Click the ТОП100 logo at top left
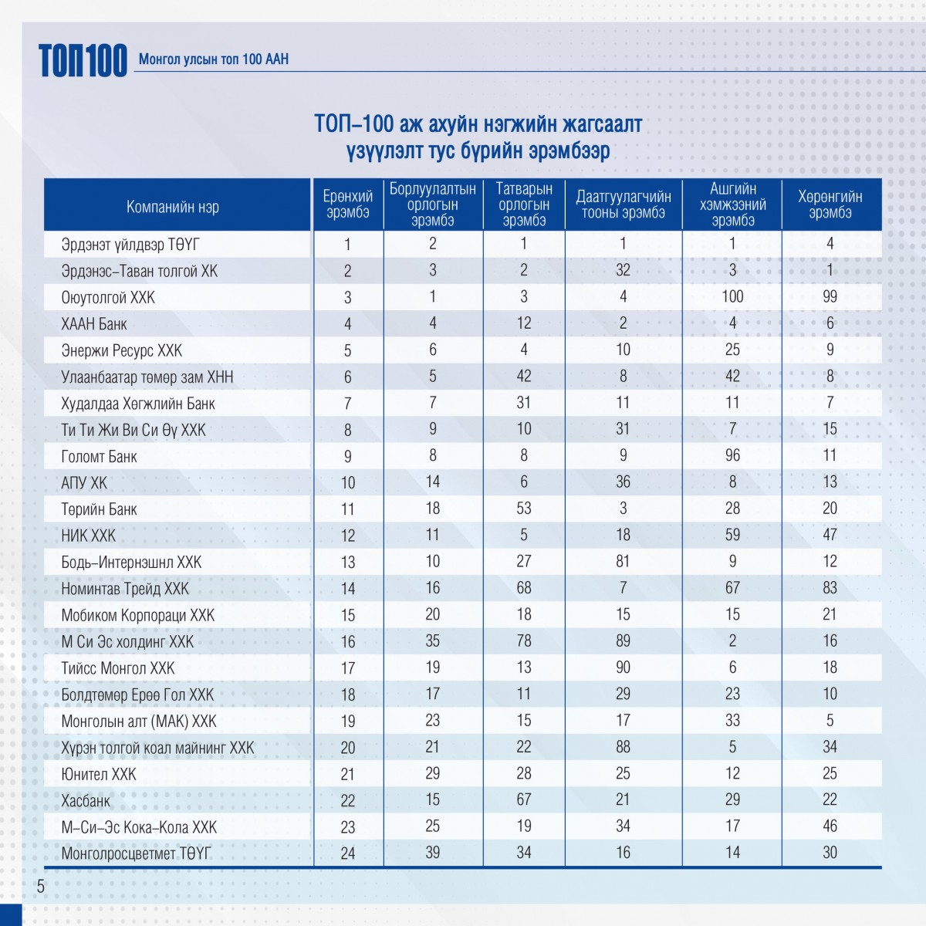pyautogui.click(x=83, y=60)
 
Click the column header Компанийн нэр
pyautogui.click(x=173, y=207)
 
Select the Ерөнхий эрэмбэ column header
pyautogui.click(x=347, y=204)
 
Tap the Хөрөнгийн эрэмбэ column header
pyautogui.click(x=830, y=204)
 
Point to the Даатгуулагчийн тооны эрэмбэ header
pyautogui.click(x=624, y=204)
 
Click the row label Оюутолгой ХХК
pyautogui.click(x=108, y=298)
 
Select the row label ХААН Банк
pyautogui.click(x=94, y=324)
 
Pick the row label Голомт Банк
pyautogui.click(x=99, y=457)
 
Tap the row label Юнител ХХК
pyautogui.click(x=99, y=774)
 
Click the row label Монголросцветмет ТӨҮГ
pyautogui.click(x=136, y=853)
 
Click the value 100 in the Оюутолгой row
pyautogui.click(x=732, y=296)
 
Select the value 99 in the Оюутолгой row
pyautogui.click(x=830, y=296)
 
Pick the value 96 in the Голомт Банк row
pyautogui.click(x=732, y=455)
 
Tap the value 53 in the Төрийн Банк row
pyautogui.click(x=524, y=509)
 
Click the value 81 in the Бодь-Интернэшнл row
pyautogui.click(x=623, y=561)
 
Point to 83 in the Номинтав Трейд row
pyautogui.click(x=830, y=588)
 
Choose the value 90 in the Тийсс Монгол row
pyautogui.click(x=623, y=667)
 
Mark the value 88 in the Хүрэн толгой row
pyautogui.click(x=623, y=746)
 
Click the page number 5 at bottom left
pyautogui.click(x=41, y=887)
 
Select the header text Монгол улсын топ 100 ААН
pyautogui.click(x=214, y=59)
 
